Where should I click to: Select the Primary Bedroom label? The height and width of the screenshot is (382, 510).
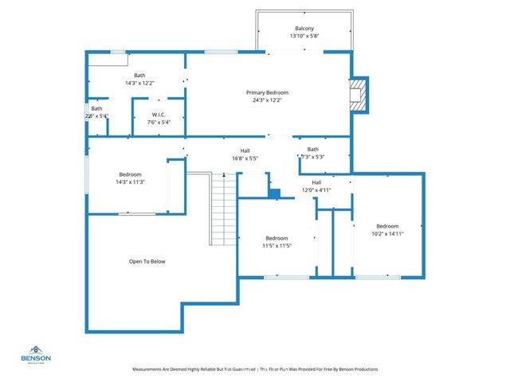point(266,92)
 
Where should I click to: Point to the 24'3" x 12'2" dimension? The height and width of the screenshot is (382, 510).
point(266,100)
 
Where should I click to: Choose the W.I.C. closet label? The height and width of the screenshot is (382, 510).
point(159,115)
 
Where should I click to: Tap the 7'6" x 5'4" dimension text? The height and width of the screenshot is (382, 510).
point(159,123)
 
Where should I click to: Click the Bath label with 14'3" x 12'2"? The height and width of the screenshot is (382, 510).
point(139,75)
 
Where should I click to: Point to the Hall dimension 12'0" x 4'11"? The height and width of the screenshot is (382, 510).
point(316,190)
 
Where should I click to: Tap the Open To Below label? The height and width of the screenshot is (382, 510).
point(147,261)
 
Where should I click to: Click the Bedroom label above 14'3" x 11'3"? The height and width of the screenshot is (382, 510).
point(131,174)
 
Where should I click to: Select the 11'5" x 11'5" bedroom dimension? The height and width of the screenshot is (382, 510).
point(277,246)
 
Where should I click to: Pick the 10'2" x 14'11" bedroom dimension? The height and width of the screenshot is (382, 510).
point(387,233)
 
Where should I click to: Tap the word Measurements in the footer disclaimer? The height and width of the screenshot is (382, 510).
point(149,369)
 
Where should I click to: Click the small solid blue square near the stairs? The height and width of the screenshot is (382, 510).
point(274,193)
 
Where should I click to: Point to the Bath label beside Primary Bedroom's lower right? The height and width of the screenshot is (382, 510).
point(313,150)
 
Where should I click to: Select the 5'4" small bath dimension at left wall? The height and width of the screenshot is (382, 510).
point(100,116)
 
